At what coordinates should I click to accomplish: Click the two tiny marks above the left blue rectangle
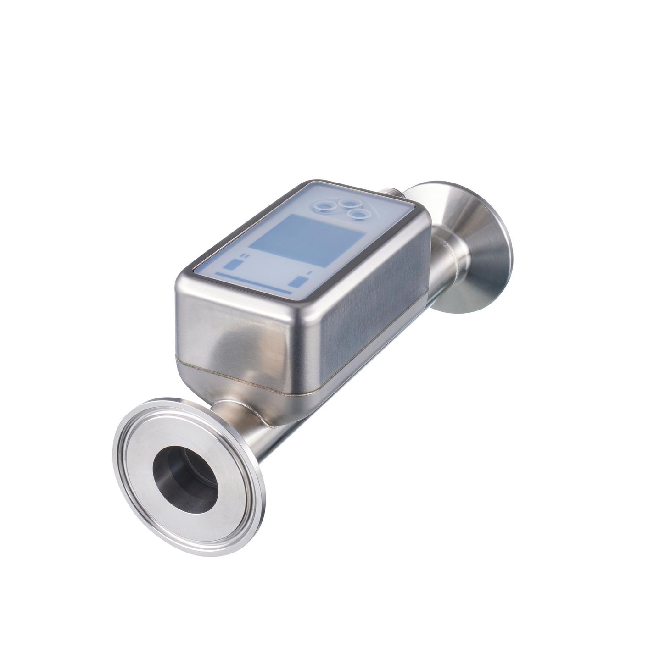click(244, 255)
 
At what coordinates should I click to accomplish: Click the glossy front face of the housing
click(229, 321)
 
